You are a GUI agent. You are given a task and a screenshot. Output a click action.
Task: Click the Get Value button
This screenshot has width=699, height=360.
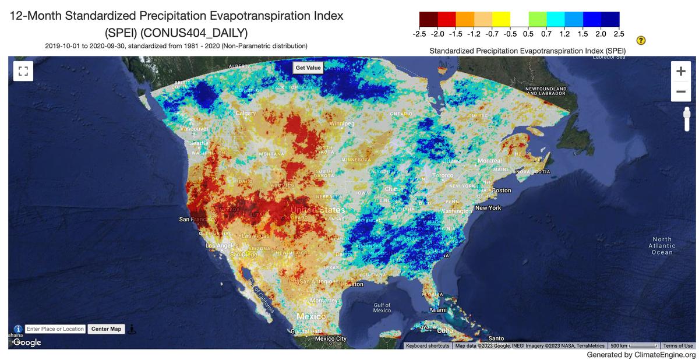(x=308, y=68)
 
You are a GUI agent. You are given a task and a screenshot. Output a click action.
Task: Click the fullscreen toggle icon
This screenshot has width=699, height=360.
(x=23, y=72)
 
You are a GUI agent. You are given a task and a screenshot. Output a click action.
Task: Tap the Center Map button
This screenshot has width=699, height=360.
(x=107, y=329)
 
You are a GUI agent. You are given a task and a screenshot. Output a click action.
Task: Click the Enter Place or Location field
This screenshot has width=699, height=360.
(x=55, y=329)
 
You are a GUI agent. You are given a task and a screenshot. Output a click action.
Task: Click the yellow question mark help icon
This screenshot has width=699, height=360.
(x=641, y=40)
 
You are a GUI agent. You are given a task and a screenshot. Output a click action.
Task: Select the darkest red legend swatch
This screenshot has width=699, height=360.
(x=428, y=19)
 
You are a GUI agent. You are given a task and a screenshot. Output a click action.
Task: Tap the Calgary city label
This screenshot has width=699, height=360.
(x=246, y=113)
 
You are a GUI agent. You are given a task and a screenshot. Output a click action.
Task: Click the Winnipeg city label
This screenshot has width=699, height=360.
(x=342, y=124)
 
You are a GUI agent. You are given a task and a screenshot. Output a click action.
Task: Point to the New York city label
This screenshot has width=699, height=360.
(x=488, y=208)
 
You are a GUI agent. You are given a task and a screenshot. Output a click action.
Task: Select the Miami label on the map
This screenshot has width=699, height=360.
(x=437, y=310)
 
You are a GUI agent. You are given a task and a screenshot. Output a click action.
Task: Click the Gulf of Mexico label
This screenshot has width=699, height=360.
(x=382, y=308)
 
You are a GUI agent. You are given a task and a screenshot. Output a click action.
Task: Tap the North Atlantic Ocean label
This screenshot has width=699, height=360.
(x=662, y=246)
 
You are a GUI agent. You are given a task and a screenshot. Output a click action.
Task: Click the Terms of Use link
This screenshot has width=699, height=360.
(x=678, y=346)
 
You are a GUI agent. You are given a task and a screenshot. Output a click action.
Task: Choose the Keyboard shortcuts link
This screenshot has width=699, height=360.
(x=428, y=346)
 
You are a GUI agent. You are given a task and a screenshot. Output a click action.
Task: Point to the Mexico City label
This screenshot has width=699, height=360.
(x=330, y=339)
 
